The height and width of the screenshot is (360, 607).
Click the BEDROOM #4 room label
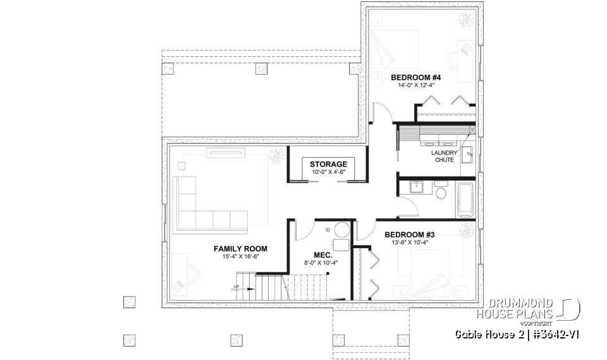(x=415, y=78)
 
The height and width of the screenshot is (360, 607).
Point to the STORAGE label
(x=328, y=164)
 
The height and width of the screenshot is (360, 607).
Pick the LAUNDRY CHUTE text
(x=443, y=156)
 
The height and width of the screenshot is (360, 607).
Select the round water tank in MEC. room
(x=341, y=230)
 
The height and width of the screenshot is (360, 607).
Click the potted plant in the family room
(x=276, y=156)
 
